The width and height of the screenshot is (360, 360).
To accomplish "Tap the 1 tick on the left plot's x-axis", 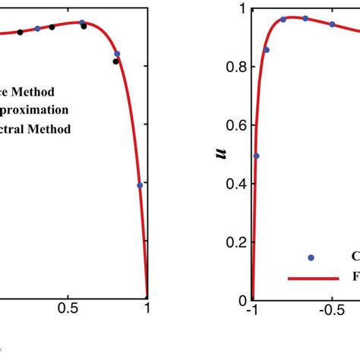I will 147,310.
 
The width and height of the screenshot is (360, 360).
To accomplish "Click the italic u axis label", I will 221,155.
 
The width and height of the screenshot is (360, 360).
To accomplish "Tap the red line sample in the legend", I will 312,278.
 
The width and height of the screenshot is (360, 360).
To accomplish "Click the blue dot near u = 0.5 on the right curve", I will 256,156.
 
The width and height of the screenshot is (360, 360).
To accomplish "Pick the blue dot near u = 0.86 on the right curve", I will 267,50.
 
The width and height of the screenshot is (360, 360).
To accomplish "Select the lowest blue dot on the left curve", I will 140,185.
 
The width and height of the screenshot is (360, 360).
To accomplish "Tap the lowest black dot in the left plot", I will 115,62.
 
